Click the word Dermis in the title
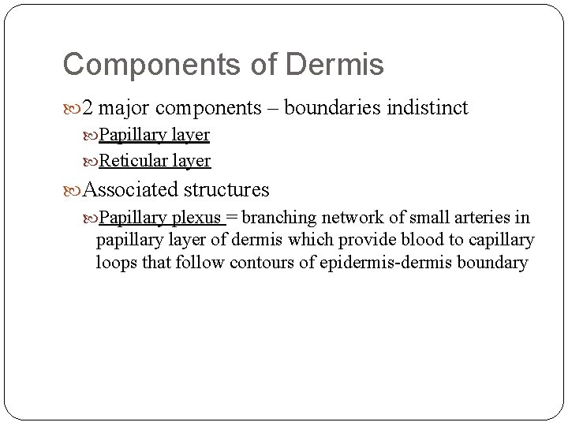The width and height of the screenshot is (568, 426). pos(337,65)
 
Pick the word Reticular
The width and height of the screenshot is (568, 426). pos(131,161)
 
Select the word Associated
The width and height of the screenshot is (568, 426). pos(131,190)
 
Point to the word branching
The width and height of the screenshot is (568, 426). pos(275,218)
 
